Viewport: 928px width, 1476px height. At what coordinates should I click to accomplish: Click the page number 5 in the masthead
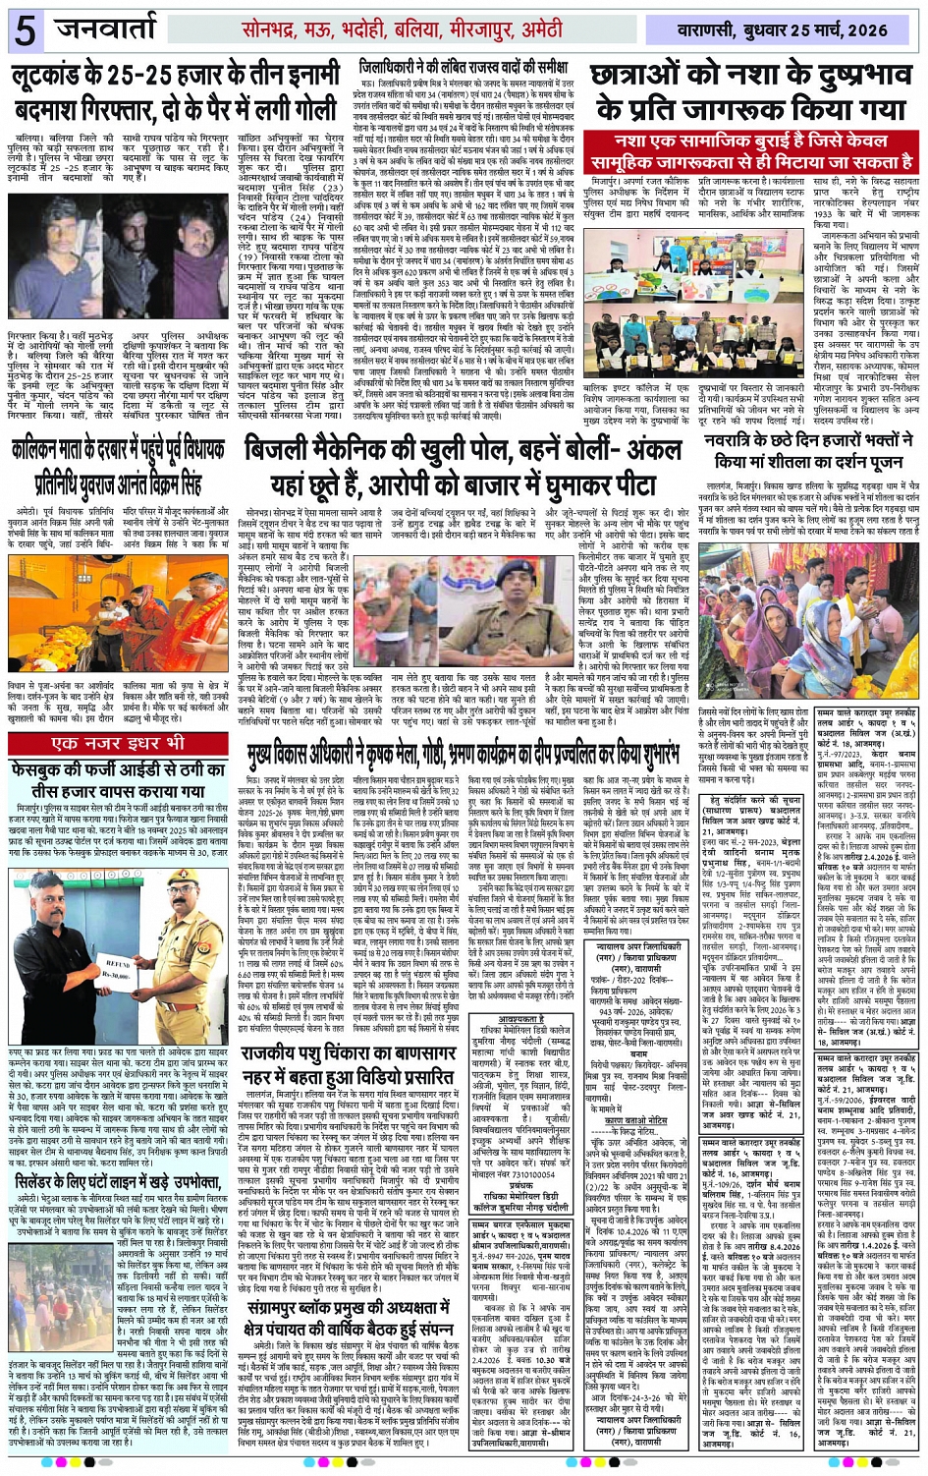pyautogui.click(x=25, y=30)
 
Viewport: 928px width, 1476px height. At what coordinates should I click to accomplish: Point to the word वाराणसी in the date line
pyautogui.click(x=709, y=30)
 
